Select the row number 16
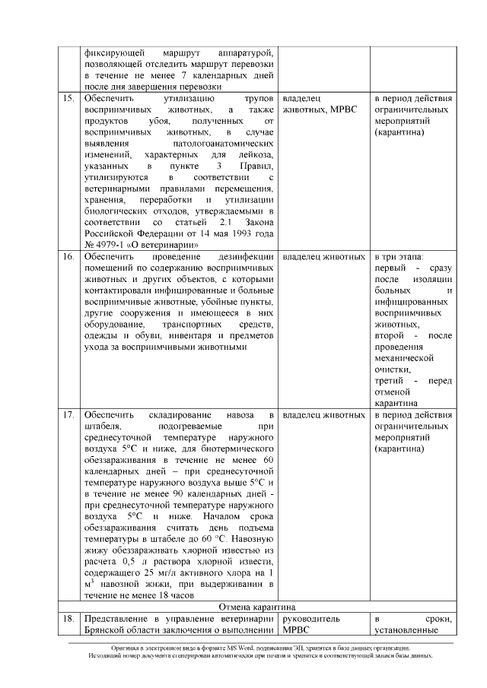(x=67, y=257)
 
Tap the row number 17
(x=67, y=415)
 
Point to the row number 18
(x=67, y=620)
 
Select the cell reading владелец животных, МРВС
(x=315, y=105)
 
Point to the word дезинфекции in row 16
(x=246, y=257)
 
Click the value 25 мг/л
(x=161, y=563)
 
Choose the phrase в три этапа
(x=400, y=257)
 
